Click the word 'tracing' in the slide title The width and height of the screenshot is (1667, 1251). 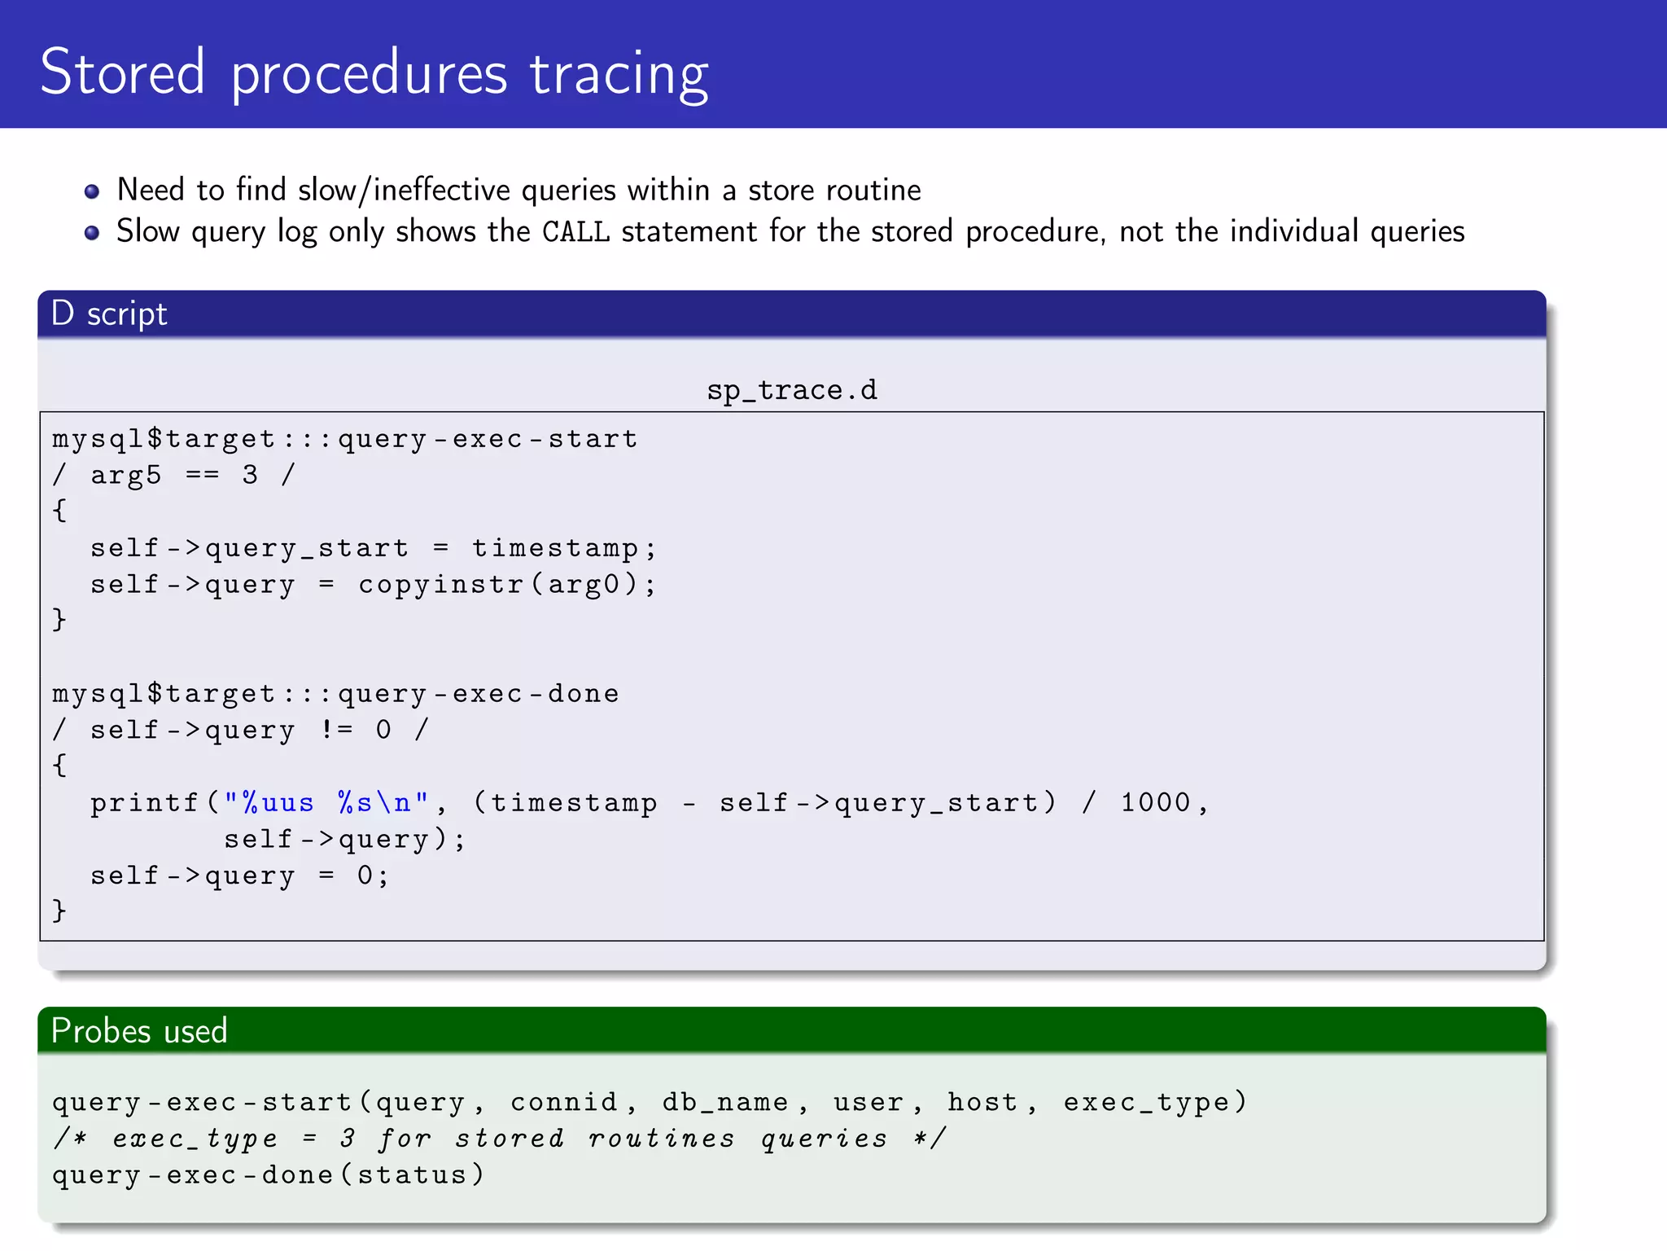coord(619,73)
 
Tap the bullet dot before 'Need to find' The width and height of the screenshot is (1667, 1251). coord(92,191)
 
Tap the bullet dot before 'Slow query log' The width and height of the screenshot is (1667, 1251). coord(92,233)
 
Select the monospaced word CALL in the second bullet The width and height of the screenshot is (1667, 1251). coord(575,232)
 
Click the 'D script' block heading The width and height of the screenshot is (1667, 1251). coord(109,314)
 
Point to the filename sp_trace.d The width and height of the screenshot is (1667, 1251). coord(791,390)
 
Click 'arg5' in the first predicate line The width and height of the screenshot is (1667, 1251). coord(125,475)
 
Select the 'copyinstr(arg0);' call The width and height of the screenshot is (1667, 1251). coord(506,584)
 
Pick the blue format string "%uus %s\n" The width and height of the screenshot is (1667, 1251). coord(326,803)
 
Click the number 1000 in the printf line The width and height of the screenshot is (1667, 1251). coord(1155,802)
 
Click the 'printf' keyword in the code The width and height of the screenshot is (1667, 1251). coord(144,803)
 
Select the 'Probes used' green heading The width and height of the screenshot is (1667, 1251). coord(139,1031)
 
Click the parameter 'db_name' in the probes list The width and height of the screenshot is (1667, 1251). coord(724,1102)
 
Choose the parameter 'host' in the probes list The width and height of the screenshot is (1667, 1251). coord(982,1102)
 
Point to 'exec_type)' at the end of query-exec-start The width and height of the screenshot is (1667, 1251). coord(1155,1102)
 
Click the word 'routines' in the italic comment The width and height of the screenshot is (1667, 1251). coord(661,1139)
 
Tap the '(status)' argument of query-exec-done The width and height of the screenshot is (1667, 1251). coord(420,1174)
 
